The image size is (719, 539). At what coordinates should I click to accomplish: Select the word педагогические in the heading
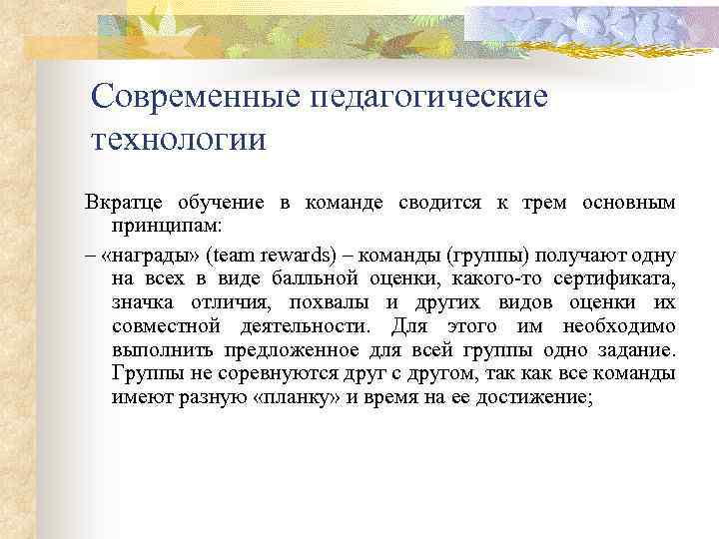(x=431, y=97)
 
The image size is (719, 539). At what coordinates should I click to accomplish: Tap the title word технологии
(x=179, y=138)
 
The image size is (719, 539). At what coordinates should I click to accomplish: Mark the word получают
(x=583, y=254)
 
